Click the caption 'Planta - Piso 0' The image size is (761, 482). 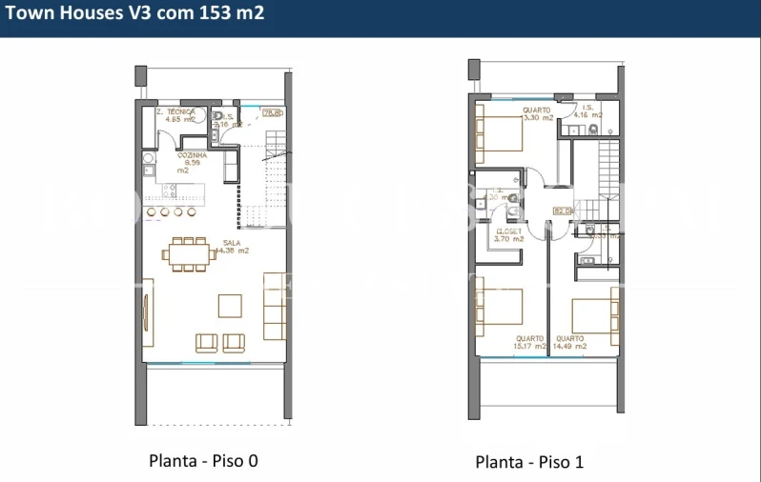click(203, 461)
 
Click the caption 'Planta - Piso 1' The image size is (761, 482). click(529, 462)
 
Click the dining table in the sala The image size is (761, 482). click(188, 253)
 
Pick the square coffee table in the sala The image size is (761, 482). click(230, 305)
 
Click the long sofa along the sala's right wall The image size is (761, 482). click(275, 305)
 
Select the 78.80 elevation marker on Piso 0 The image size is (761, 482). click(273, 114)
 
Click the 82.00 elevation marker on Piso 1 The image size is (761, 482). click(562, 211)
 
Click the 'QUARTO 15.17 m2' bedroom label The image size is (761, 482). click(530, 342)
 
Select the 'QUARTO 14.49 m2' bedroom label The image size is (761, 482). click(570, 342)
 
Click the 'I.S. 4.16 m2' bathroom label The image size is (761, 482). click(584, 111)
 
